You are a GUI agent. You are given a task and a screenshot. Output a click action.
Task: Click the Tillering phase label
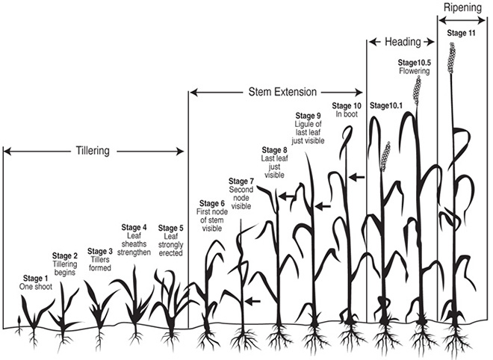pos(93,151)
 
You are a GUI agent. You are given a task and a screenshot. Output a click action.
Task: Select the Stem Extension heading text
pos(282,92)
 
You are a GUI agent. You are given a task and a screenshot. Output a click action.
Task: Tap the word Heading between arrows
pos(403,42)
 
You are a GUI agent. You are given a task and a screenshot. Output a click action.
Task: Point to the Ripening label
pos(462,7)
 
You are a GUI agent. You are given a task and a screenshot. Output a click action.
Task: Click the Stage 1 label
pos(36,279)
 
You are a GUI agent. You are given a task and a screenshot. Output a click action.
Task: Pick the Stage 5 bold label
pos(170,228)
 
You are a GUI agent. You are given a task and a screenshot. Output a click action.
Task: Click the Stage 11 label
pos(461,33)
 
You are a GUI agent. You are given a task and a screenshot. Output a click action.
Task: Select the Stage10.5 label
pos(414,63)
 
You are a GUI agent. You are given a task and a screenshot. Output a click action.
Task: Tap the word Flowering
pos(415,71)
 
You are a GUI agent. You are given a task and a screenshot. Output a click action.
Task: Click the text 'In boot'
pos(347,114)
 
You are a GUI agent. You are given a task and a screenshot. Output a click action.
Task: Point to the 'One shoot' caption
pos(36,287)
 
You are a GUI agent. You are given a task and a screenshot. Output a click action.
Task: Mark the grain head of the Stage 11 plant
pos(452,58)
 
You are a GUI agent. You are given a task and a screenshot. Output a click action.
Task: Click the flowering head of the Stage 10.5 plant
pos(418,90)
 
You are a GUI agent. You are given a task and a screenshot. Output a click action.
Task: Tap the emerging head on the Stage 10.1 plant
pos(385,156)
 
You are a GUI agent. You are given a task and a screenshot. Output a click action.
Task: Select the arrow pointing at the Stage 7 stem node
pos(252,302)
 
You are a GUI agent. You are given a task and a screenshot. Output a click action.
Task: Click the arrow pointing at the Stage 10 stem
pos(356,177)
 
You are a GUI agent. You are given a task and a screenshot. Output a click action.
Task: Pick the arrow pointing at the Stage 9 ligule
pos(323,207)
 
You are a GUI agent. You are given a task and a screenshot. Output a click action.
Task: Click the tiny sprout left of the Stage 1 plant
pos(19,325)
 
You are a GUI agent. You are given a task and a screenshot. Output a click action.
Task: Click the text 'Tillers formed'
pos(100,264)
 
